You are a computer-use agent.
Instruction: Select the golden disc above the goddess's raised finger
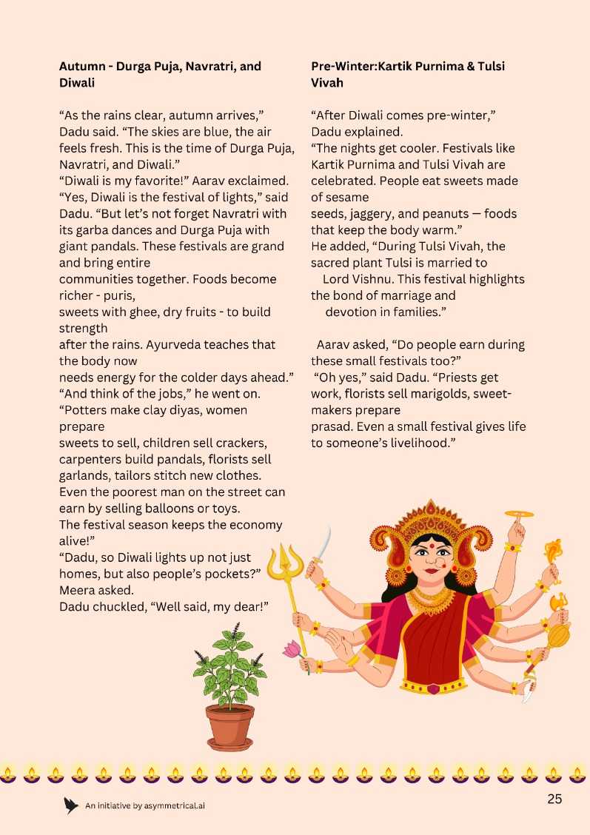click(518, 514)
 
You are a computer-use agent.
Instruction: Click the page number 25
click(554, 799)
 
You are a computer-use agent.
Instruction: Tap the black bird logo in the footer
click(71, 805)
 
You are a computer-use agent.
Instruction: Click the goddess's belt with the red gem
click(433, 688)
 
